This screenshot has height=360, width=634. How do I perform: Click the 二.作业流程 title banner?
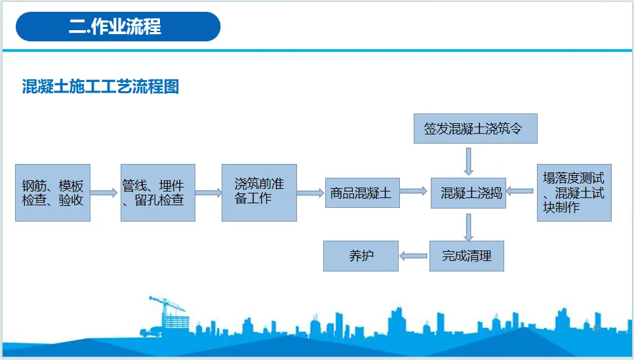pyautogui.click(x=118, y=27)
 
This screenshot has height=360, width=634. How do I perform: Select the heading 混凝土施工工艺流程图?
pyautogui.click(x=100, y=87)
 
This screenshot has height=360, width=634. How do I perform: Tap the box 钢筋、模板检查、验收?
pyautogui.click(x=52, y=193)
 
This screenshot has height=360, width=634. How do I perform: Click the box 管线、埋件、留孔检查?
pyautogui.click(x=157, y=193)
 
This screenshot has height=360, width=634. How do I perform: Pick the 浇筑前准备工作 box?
pyautogui.click(x=259, y=192)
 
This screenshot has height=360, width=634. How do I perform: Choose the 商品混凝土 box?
pyautogui.click(x=362, y=193)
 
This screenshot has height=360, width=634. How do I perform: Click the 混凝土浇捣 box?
pyautogui.click(x=468, y=193)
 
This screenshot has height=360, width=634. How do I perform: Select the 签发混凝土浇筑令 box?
pyautogui.click(x=475, y=129)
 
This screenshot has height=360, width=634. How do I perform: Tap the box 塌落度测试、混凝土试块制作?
pyautogui.click(x=574, y=192)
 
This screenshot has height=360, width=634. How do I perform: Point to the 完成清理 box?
pyautogui.click(x=466, y=256)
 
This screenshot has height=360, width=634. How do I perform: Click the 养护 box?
pyautogui.click(x=361, y=256)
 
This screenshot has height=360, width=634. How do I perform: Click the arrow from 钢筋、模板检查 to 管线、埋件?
pyautogui.click(x=105, y=193)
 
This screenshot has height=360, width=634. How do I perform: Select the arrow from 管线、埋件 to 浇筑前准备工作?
pyautogui.click(x=208, y=193)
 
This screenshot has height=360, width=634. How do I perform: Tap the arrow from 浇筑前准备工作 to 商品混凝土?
pyautogui.click(x=311, y=193)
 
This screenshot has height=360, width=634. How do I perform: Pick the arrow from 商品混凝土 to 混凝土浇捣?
pyautogui.click(x=414, y=191)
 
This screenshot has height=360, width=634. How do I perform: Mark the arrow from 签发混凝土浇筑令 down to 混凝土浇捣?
pyautogui.click(x=468, y=160)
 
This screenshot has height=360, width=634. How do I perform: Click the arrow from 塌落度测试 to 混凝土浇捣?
pyautogui.click(x=521, y=191)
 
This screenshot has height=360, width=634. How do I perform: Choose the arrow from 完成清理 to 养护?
pyautogui.click(x=414, y=256)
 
